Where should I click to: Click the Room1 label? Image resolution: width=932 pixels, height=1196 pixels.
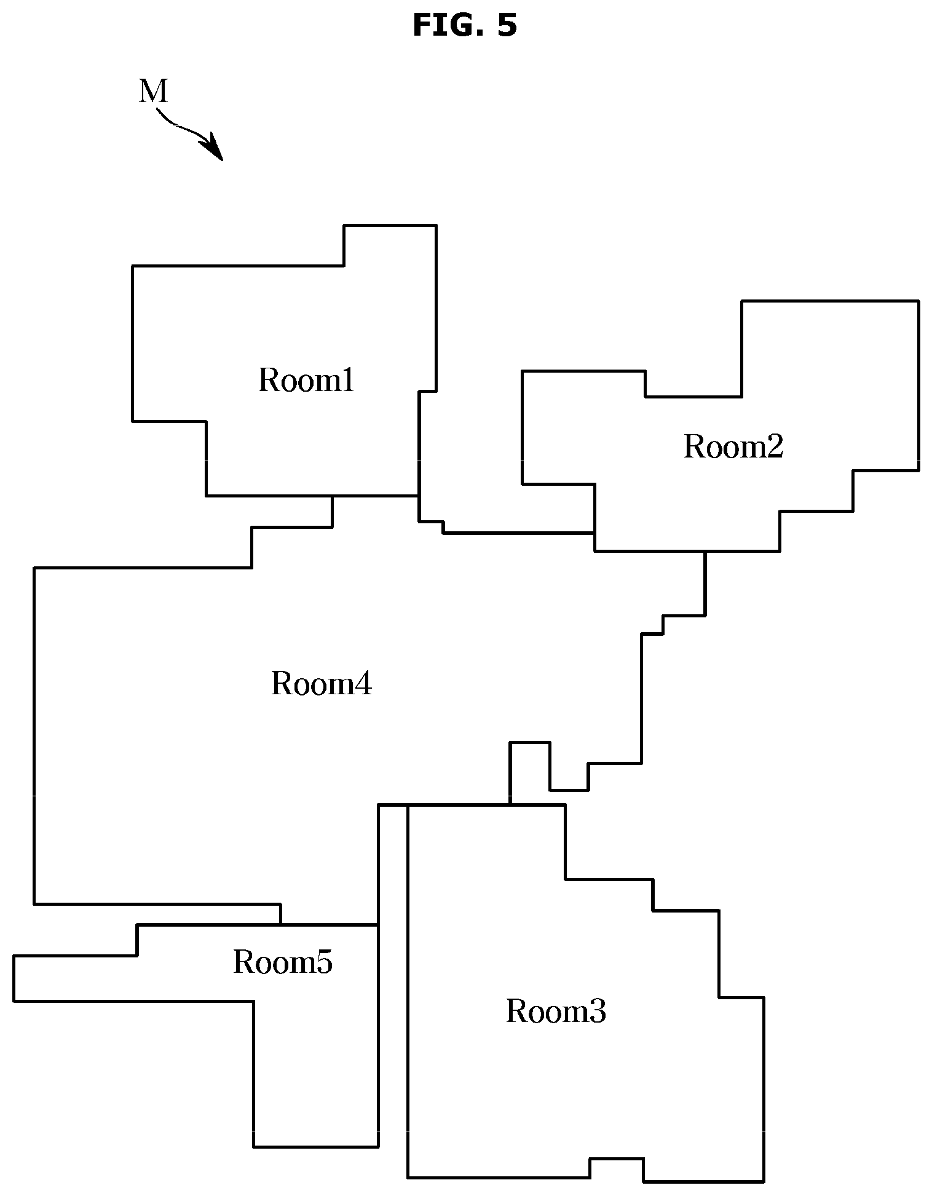pyautogui.click(x=306, y=380)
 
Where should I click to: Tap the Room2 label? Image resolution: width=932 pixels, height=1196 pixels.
pyautogui.click(x=733, y=446)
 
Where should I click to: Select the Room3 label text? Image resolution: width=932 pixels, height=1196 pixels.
pyautogui.click(x=556, y=1011)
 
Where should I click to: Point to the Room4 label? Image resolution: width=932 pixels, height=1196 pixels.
pyautogui.click(x=322, y=683)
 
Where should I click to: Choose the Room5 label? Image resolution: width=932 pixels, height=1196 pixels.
pyautogui.click(x=283, y=962)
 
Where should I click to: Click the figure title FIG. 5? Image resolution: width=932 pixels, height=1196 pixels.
pyautogui.click(x=465, y=26)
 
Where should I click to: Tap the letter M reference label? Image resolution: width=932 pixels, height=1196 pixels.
pyautogui.click(x=153, y=92)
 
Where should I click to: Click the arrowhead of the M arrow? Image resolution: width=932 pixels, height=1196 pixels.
pyautogui.click(x=215, y=149)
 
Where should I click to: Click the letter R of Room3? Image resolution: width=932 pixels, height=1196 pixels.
pyautogui.click(x=518, y=1011)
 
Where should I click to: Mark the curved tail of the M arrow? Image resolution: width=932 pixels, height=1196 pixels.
pyautogui.click(x=180, y=127)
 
